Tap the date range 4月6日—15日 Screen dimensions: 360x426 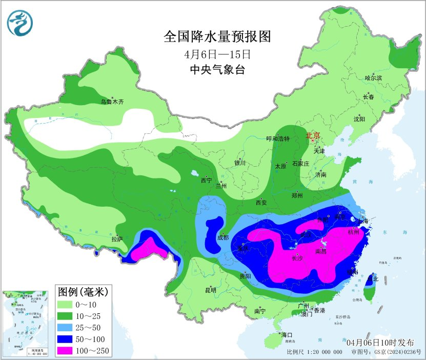(217, 54)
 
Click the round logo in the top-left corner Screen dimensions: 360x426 (19, 23)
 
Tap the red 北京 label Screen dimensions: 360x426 (313, 136)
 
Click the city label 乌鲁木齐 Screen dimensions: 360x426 (112, 102)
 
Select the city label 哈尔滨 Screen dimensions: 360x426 (373, 78)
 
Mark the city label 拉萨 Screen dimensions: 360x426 (117, 238)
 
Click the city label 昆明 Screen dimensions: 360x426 (211, 290)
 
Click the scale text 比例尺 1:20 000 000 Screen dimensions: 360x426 (314, 352)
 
